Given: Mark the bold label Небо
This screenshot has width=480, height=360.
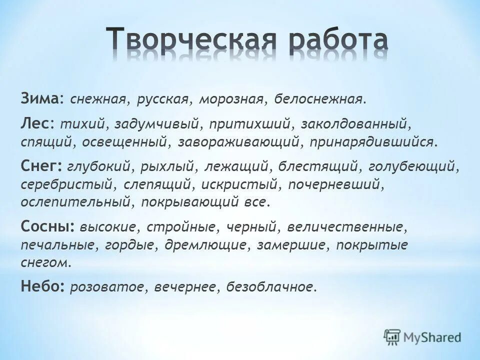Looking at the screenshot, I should pos(42,286).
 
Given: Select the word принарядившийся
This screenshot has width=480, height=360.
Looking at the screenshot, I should pos(374,142).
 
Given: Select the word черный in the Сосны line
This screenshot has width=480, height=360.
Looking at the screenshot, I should pos(253,227).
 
